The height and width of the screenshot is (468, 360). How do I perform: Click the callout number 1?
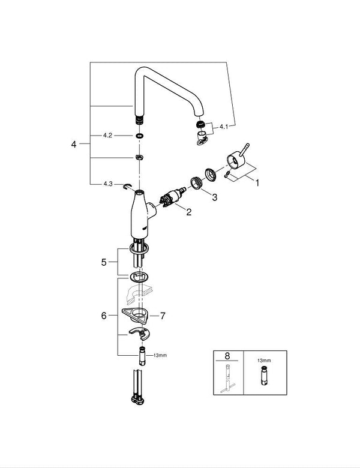[x=257, y=182]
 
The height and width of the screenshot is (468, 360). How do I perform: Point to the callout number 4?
[x=74, y=145]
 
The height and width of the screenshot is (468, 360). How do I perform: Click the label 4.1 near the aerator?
[x=224, y=127]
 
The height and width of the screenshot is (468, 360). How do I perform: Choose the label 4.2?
[x=107, y=136]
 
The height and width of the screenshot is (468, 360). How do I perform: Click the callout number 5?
[x=103, y=262]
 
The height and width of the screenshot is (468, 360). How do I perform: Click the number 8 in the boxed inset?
[x=227, y=355]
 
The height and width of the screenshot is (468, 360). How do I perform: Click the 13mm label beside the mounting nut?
[x=160, y=355]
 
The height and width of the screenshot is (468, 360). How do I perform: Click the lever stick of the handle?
[x=246, y=148]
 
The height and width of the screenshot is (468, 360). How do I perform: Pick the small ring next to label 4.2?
[x=139, y=136]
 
